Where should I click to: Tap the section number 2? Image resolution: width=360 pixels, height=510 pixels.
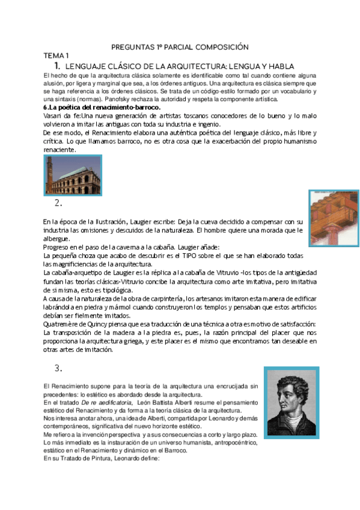click(x=58, y=203)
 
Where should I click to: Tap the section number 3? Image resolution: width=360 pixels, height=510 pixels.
click(x=58, y=368)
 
